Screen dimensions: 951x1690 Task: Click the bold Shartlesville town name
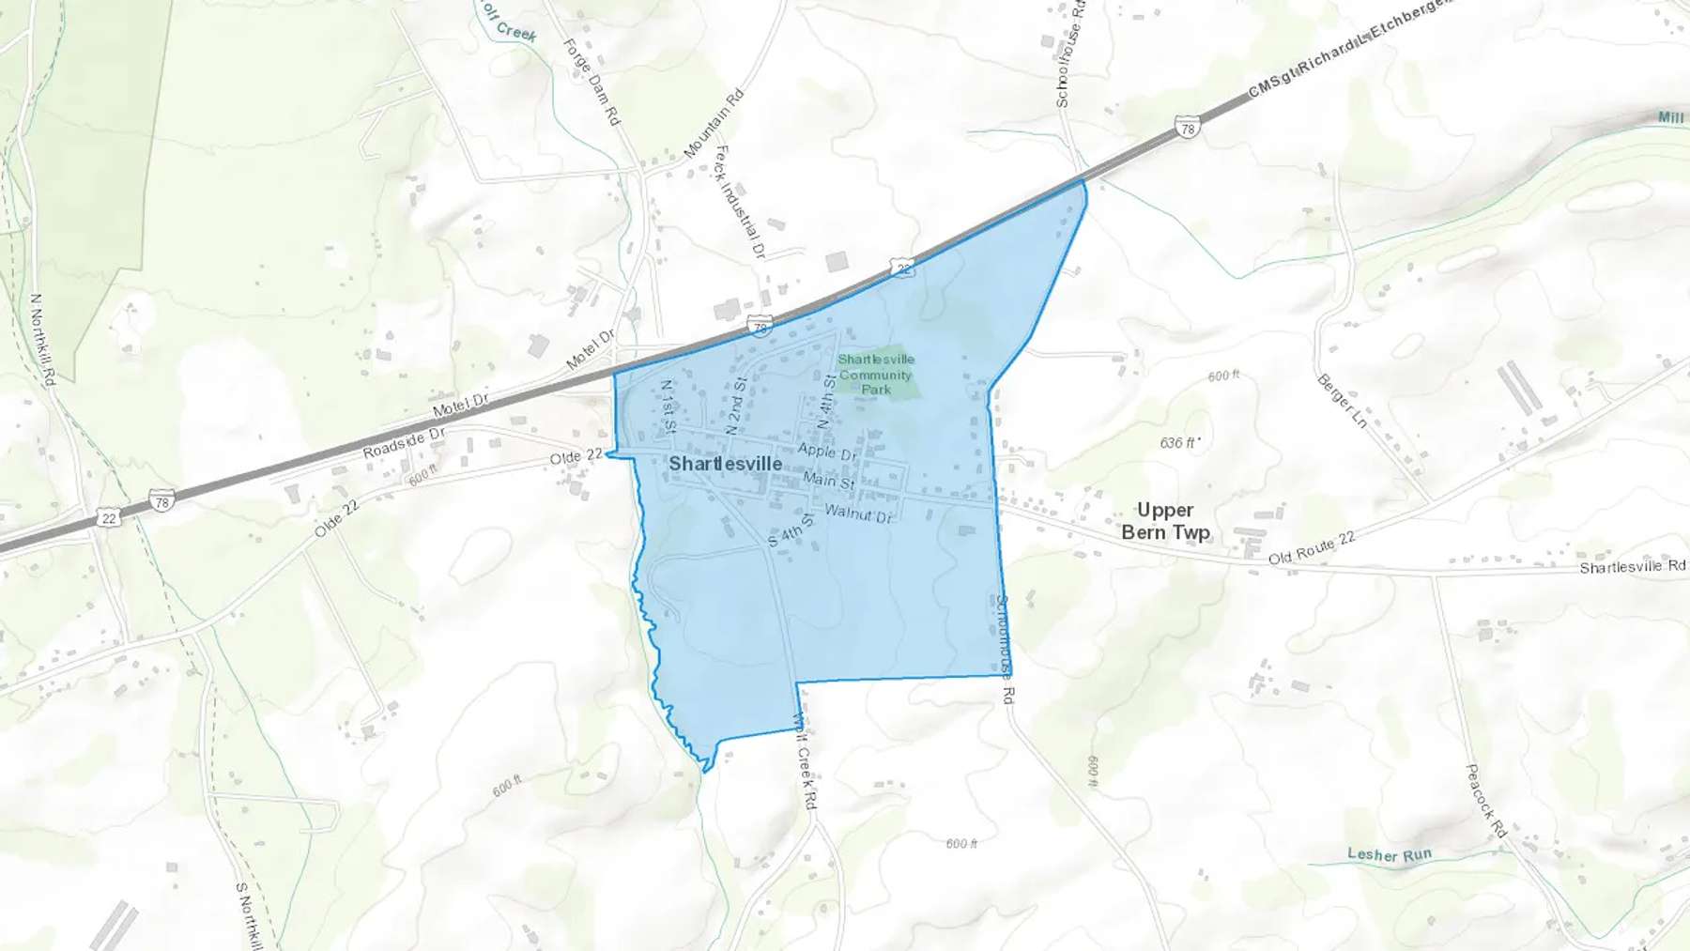[x=725, y=464]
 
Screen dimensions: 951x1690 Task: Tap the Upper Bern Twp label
[x=1165, y=521]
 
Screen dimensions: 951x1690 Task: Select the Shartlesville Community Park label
[x=876, y=374]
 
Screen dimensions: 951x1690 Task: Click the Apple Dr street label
[x=827, y=452]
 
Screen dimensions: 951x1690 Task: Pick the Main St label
[x=828, y=481]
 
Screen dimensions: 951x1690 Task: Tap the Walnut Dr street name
[x=858, y=514]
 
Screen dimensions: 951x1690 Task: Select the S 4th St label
[x=791, y=530]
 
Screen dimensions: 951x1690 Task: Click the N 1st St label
[x=668, y=405]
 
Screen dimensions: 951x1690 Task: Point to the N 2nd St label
[x=738, y=405]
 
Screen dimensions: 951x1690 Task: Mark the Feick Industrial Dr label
[x=740, y=201]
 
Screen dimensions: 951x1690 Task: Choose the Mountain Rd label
[x=714, y=123]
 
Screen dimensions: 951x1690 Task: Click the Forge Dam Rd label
[x=591, y=82]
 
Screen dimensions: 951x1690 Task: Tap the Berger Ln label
[x=1342, y=401]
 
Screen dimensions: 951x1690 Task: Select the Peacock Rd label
[x=1485, y=801]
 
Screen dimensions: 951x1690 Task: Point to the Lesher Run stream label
[x=1390, y=854]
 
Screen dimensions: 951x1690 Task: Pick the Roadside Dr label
[x=404, y=443]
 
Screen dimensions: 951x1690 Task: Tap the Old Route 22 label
[x=1312, y=548]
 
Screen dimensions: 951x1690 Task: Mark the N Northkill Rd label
[x=43, y=339]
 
